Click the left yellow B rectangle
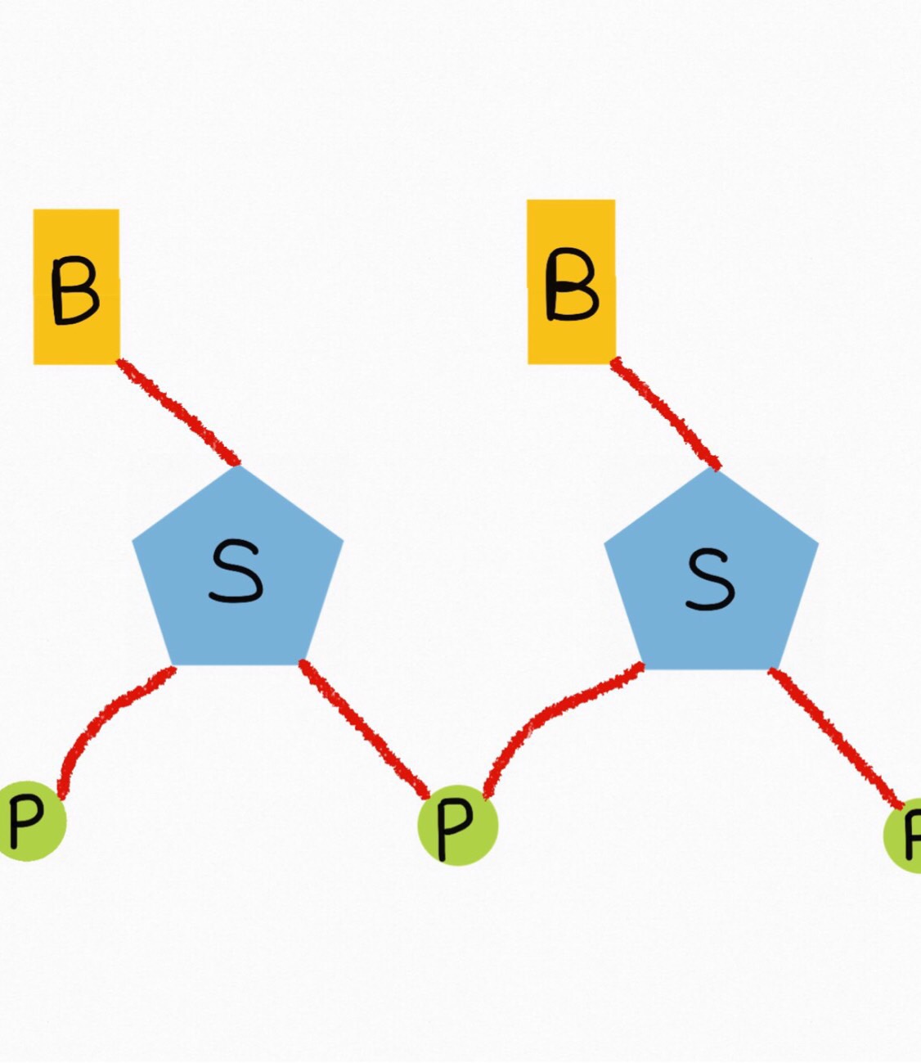click(77, 287)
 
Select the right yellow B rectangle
click(571, 282)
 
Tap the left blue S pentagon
click(238, 565)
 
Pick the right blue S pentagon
click(712, 568)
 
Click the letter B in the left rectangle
click(75, 291)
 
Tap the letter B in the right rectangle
click(572, 284)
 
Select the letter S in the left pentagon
click(236, 571)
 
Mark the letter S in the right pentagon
click(710, 579)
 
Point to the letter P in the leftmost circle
click(25, 823)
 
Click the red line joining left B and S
click(177, 412)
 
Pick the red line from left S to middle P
click(364, 729)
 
